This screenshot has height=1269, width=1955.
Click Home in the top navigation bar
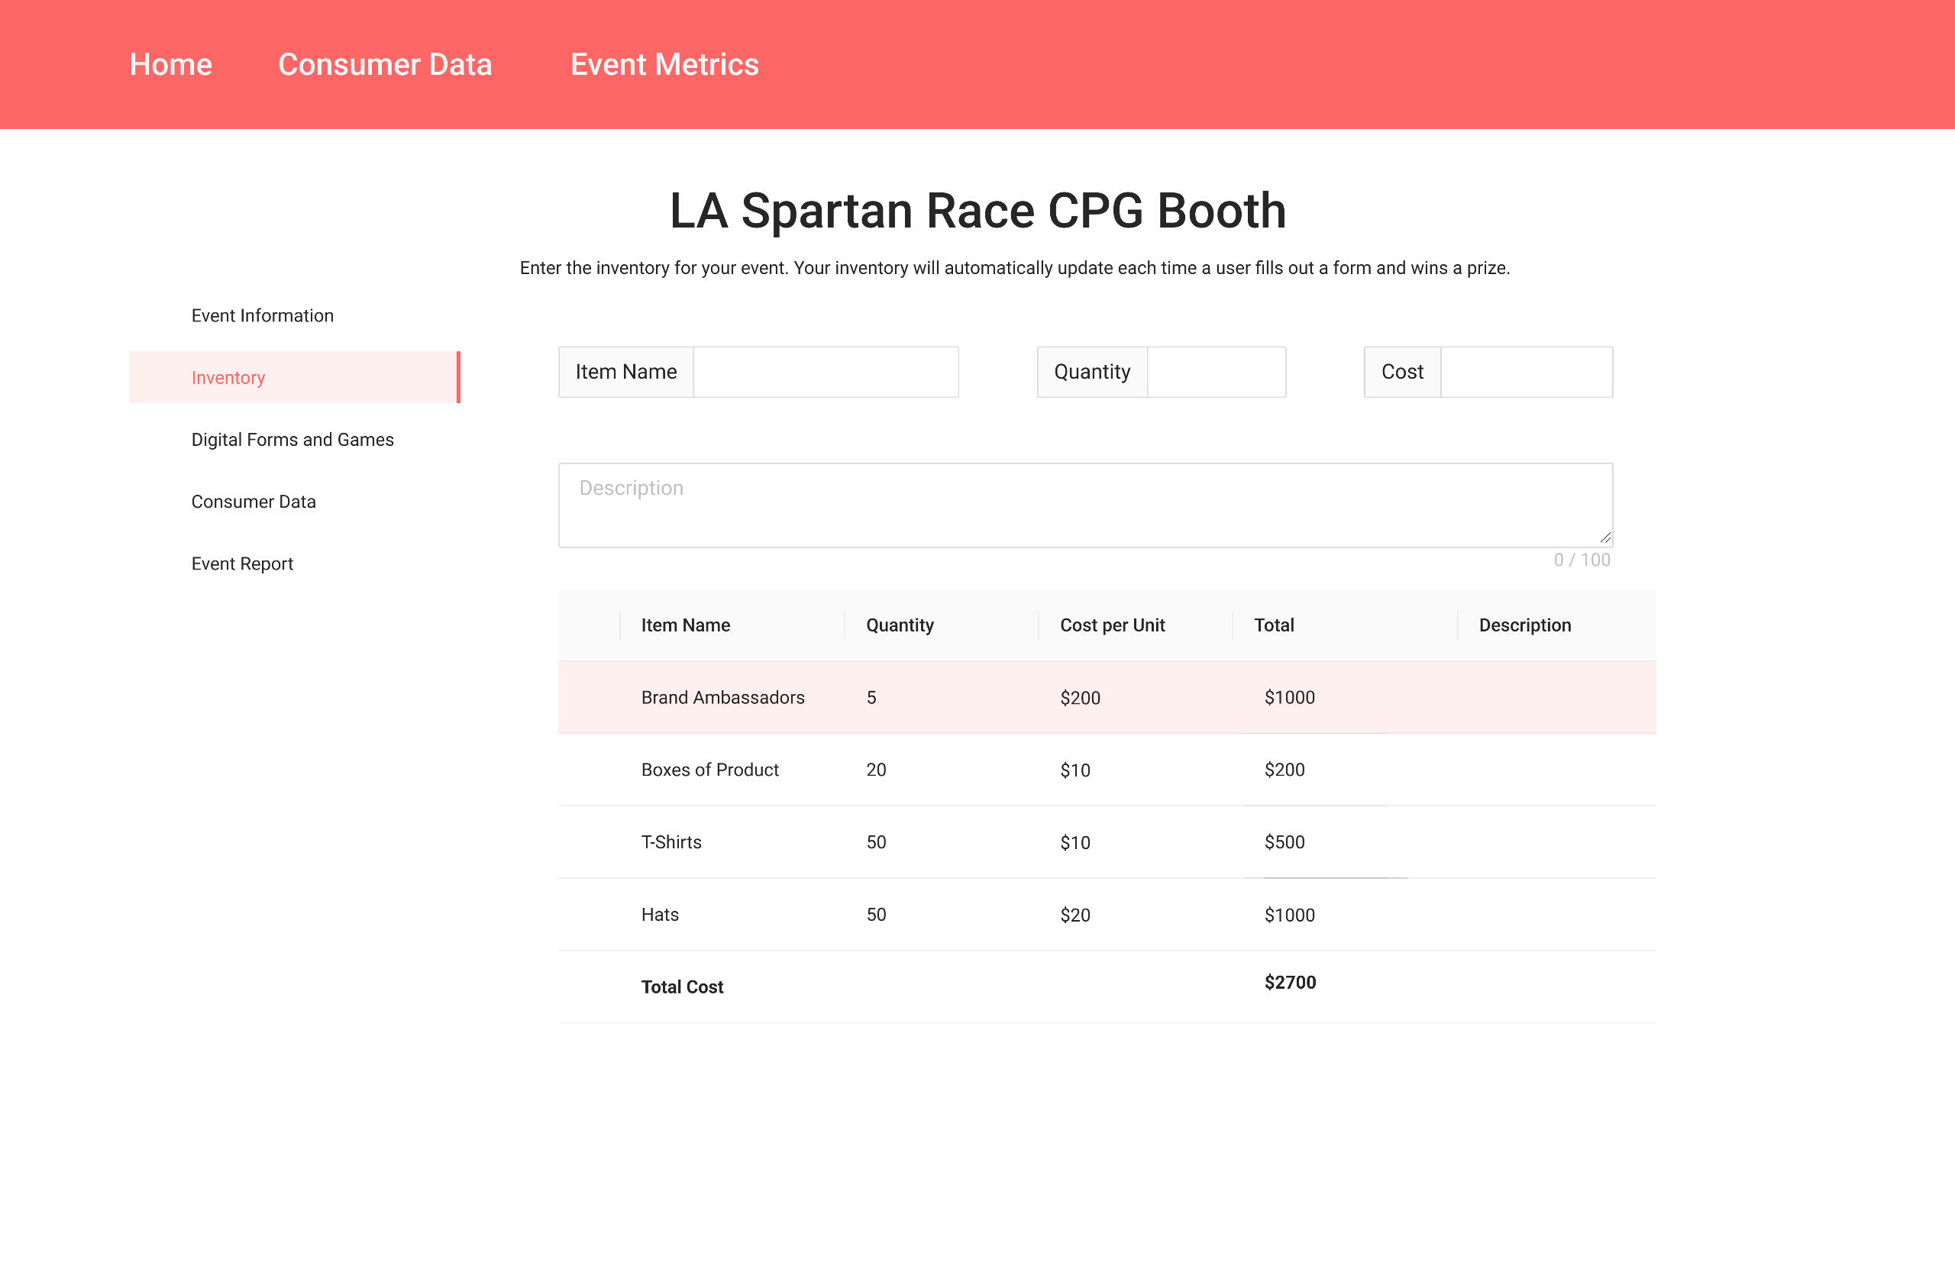pyautogui.click(x=171, y=64)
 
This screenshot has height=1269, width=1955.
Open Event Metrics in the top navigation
pyautogui.click(x=664, y=64)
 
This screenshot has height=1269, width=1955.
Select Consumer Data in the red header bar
pyautogui.click(x=385, y=64)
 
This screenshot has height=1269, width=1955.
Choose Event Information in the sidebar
pyautogui.click(x=262, y=315)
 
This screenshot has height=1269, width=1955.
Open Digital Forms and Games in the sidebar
pyautogui.click(x=292, y=440)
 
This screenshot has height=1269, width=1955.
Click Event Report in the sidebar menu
pyautogui.click(x=242, y=563)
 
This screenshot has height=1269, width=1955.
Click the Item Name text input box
pyautogui.click(x=826, y=372)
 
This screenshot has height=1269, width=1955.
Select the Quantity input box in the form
pyautogui.click(x=1217, y=372)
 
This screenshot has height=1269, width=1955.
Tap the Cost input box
pyautogui.click(x=1527, y=372)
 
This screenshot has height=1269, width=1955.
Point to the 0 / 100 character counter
pyautogui.click(x=1582, y=560)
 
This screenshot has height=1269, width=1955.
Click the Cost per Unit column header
pyautogui.click(x=1112, y=625)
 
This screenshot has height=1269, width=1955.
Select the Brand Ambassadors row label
pyautogui.click(x=723, y=697)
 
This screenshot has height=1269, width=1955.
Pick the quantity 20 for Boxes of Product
pyautogui.click(x=877, y=770)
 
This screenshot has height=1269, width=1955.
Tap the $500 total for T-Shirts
pyautogui.click(x=1284, y=842)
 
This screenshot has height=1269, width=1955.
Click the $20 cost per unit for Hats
pyautogui.click(x=1075, y=915)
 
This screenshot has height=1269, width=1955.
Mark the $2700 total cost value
pyautogui.click(x=1291, y=983)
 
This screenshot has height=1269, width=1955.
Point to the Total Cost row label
pyautogui.click(x=682, y=986)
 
